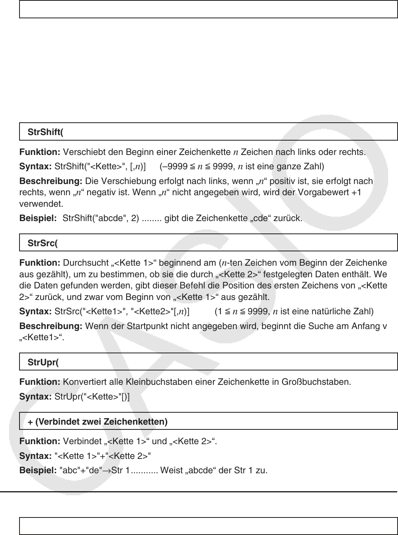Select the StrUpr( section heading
point(43,363)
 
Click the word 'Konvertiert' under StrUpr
point(83,382)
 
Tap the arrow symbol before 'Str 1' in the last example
point(106,471)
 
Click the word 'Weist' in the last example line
point(170,471)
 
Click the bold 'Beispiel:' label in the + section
point(38,471)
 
